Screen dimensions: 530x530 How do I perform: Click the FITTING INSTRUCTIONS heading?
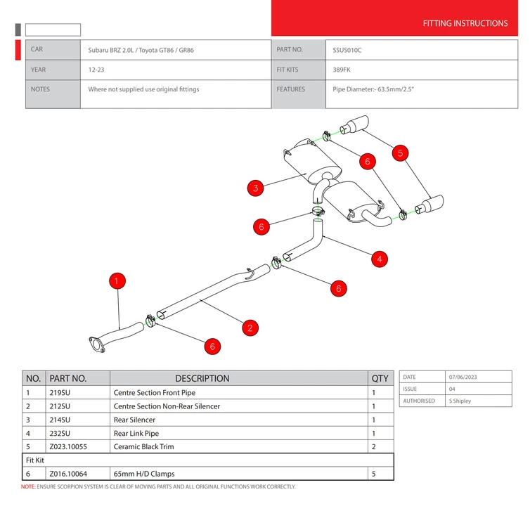(465, 23)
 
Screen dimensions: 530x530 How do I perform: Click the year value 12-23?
(98, 70)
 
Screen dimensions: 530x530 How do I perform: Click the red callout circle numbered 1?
(117, 280)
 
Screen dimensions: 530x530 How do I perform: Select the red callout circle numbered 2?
(250, 327)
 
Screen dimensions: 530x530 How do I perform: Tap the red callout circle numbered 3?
(256, 188)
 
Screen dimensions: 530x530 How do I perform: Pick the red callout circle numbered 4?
(379, 259)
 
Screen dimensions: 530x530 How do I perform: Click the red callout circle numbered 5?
(400, 153)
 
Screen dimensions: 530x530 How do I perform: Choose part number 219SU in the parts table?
(60, 393)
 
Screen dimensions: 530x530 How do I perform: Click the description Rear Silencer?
(134, 420)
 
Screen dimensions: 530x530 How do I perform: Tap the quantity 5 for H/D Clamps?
(373, 474)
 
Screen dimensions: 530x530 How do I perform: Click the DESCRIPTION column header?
(202, 378)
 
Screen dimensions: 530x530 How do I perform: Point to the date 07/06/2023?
(465, 377)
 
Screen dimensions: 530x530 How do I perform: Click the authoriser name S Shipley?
(460, 401)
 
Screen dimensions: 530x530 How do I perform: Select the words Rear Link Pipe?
(136, 433)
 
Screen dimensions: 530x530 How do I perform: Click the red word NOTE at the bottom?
(27, 486)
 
